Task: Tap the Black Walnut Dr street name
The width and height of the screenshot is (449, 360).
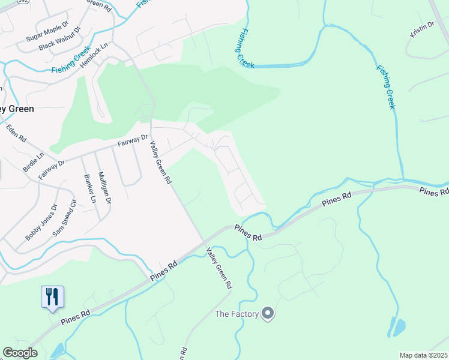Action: pos(58,43)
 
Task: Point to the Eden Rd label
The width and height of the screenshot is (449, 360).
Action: pos(17,133)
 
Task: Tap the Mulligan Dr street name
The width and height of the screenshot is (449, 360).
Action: pos(104,186)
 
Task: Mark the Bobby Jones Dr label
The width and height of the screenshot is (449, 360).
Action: pos(41,222)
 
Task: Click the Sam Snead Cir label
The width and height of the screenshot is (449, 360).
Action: pos(65,217)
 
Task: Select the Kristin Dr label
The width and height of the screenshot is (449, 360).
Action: pos(422,28)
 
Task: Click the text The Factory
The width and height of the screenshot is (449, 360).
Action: pos(237,314)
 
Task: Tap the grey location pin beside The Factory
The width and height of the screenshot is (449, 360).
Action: pos(268,313)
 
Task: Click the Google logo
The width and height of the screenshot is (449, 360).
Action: pos(20,353)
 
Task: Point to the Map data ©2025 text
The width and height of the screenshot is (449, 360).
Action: pos(424,355)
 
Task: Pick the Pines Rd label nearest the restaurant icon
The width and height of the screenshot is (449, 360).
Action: pos(75,317)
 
